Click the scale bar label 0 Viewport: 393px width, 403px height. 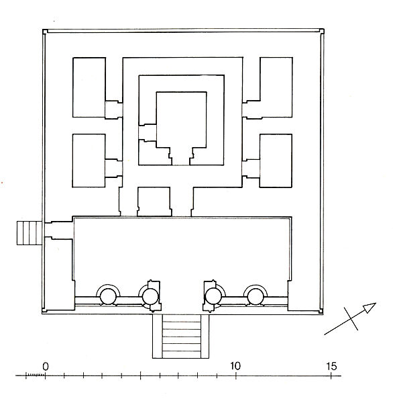(x=45, y=366)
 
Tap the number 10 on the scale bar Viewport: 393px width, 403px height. (x=235, y=366)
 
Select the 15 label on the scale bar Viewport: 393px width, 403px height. (x=331, y=366)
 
